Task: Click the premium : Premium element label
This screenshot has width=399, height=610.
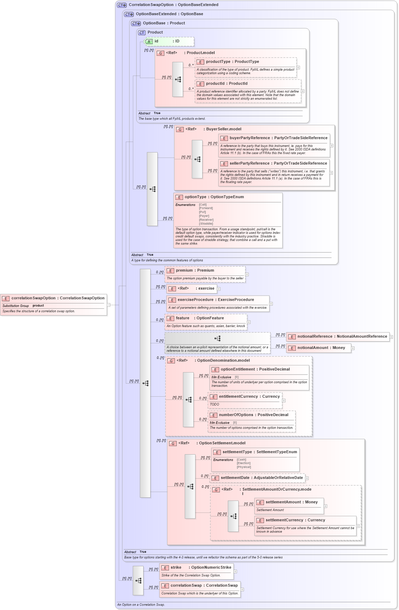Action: pyautogui.click(x=195, y=271)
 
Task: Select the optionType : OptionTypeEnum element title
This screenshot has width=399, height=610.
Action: pyautogui.click(x=214, y=197)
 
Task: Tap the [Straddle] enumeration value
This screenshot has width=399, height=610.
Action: pyautogui.click(x=206, y=224)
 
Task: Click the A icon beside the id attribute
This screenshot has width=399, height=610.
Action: pyautogui.click(x=149, y=42)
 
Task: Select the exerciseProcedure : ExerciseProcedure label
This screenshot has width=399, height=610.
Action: pyautogui.click(x=216, y=300)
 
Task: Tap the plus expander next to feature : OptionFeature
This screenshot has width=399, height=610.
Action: pyautogui.click(x=249, y=322)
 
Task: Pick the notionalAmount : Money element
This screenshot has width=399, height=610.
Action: pyautogui.click(x=321, y=348)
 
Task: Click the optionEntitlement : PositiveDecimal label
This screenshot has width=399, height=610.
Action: pyautogui.click(x=255, y=369)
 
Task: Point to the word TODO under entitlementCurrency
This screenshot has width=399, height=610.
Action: pyautogui.click(x=215, y=404)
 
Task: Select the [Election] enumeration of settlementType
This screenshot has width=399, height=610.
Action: pyautogui.click(x=243, y=463)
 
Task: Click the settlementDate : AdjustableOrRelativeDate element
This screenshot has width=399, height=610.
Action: pyautogui.click(x=262, y=478)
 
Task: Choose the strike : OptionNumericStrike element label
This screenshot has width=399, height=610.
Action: pyautogui.click(x=201, y=568)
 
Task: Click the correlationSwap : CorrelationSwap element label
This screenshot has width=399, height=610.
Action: pyautogui.click(x=204, y=586)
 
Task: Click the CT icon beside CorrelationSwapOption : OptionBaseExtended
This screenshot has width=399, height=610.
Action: pyautogui.click(x=122, y=5)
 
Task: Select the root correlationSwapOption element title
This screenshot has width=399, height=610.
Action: pyautogui.click(x=58, y=298)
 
